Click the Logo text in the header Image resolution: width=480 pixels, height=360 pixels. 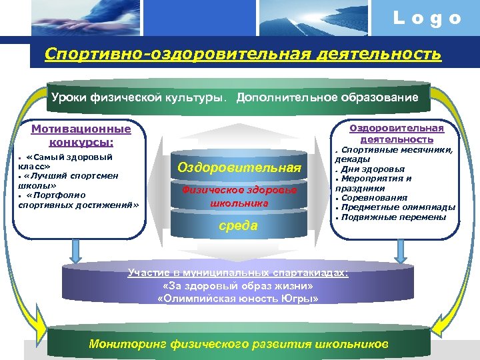point(427,19)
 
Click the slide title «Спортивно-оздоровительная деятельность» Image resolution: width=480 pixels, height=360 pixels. point(243,53)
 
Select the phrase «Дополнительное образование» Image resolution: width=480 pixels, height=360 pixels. point(327,98)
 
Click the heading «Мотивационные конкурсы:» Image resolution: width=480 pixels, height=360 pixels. point(81,135)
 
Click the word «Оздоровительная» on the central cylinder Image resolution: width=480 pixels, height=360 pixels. point(239,167)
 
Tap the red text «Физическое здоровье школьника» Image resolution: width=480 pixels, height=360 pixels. point(239,197)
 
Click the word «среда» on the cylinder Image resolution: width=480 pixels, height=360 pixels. point(239,225)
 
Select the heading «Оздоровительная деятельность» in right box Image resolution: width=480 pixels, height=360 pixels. point(397,133)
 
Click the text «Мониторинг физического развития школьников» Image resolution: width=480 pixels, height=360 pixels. point(238,344)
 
